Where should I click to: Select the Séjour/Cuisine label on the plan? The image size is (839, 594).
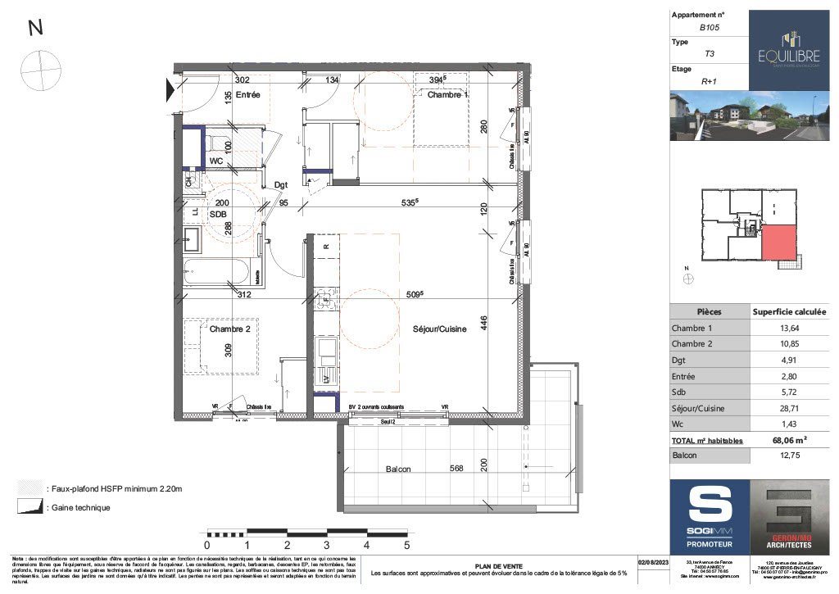coord(440,329)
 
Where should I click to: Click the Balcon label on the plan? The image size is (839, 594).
coord(398,469)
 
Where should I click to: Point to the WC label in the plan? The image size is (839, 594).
coord(216,161)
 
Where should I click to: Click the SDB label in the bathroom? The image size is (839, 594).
coord(217,214)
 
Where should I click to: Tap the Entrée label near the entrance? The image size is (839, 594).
coord(247,96)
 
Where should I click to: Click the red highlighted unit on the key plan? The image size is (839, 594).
coord(778,244)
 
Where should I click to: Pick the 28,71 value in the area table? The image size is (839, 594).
coord(789,407)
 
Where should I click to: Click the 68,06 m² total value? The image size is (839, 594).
coord(789,440)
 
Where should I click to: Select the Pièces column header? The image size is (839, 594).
coord(710,312)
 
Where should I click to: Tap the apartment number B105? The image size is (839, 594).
coord(709,27)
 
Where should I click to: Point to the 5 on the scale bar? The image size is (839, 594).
coord(407,544)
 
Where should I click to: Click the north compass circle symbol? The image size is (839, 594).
coord(41,70)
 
